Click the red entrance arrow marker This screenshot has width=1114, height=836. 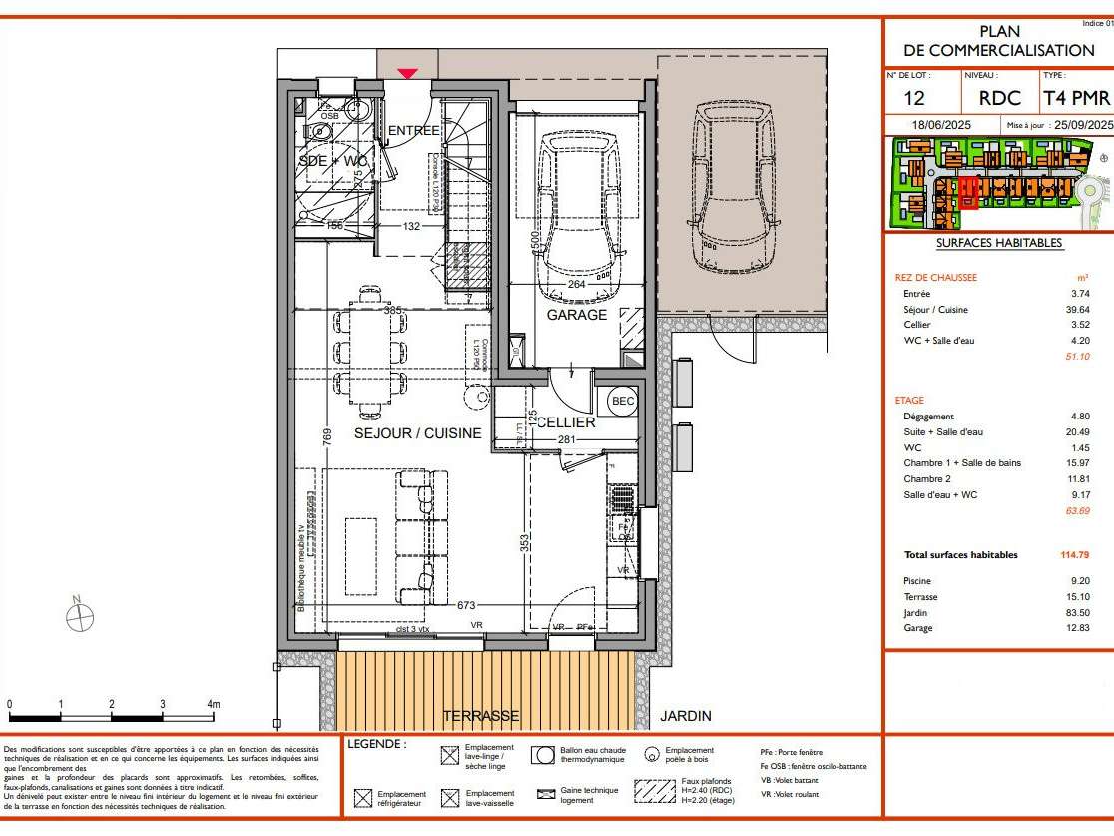(407, 72)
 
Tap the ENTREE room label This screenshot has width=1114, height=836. (413, 131)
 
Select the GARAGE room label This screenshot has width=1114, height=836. (576, 315)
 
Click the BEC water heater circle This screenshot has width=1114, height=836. (623, 402)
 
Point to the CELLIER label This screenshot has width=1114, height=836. (566, 422)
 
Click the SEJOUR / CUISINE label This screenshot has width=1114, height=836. (418, 433)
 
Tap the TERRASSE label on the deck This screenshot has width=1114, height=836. (481, 716)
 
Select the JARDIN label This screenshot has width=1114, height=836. (686, 716)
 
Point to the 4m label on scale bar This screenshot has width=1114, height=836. (213, 704)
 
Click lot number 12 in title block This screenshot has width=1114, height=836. (914, 98)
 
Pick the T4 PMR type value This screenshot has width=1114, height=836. (1076, 98)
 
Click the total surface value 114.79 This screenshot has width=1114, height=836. (1074, 555)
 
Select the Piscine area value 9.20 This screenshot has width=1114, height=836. (1080, 581)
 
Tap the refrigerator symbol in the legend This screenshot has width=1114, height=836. (364, 798)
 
